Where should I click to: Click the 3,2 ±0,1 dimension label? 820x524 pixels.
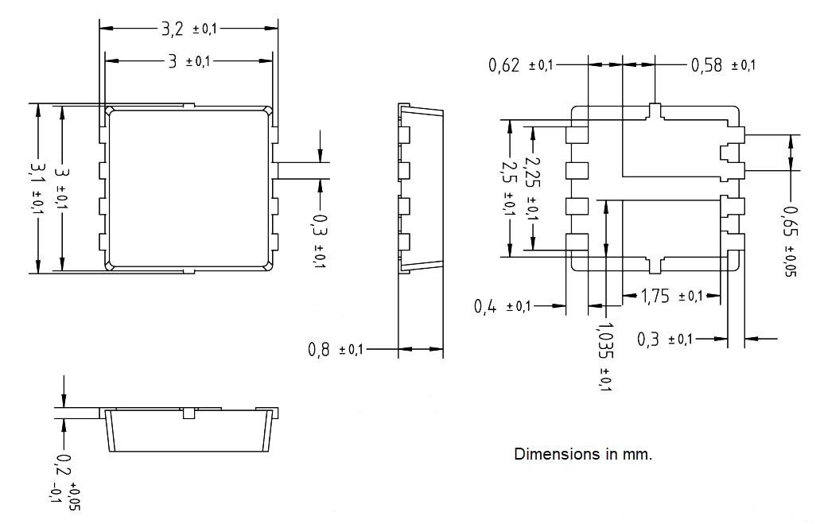point(188,29)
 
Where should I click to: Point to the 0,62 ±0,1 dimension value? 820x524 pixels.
point(520,65)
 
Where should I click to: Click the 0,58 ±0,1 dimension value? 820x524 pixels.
point(722,65)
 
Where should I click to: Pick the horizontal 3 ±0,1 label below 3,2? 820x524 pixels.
point(188,61)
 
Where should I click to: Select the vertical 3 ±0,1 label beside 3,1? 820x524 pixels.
point(62,188)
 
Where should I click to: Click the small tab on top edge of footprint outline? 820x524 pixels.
point(655,111)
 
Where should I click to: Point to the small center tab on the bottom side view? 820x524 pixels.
point(188,413)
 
